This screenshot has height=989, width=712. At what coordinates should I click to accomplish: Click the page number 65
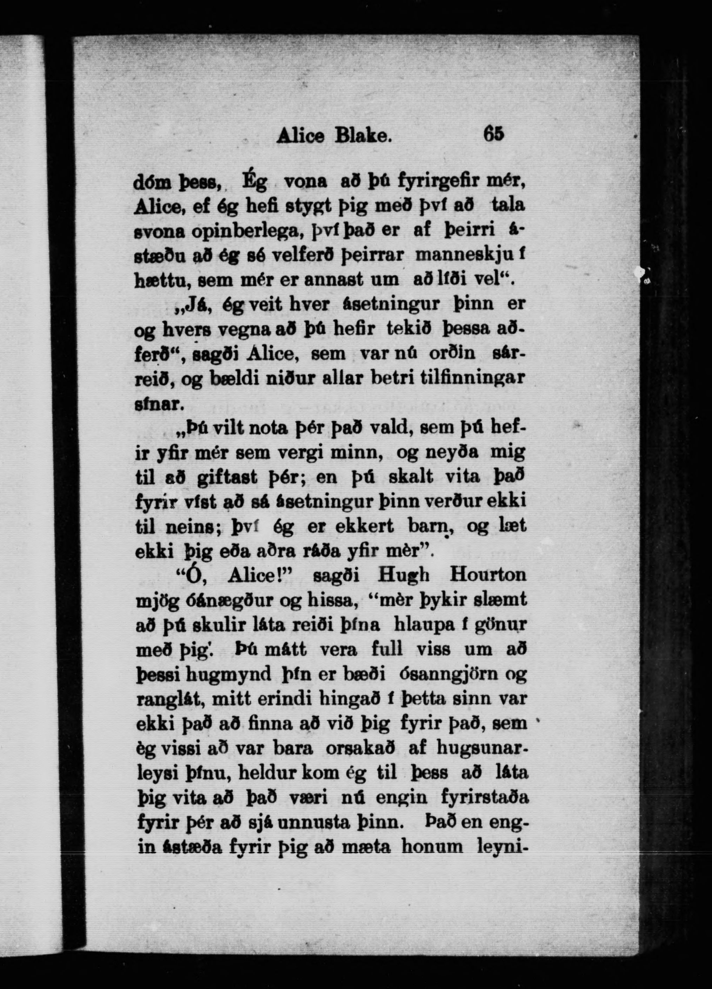(x=493, y=133)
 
